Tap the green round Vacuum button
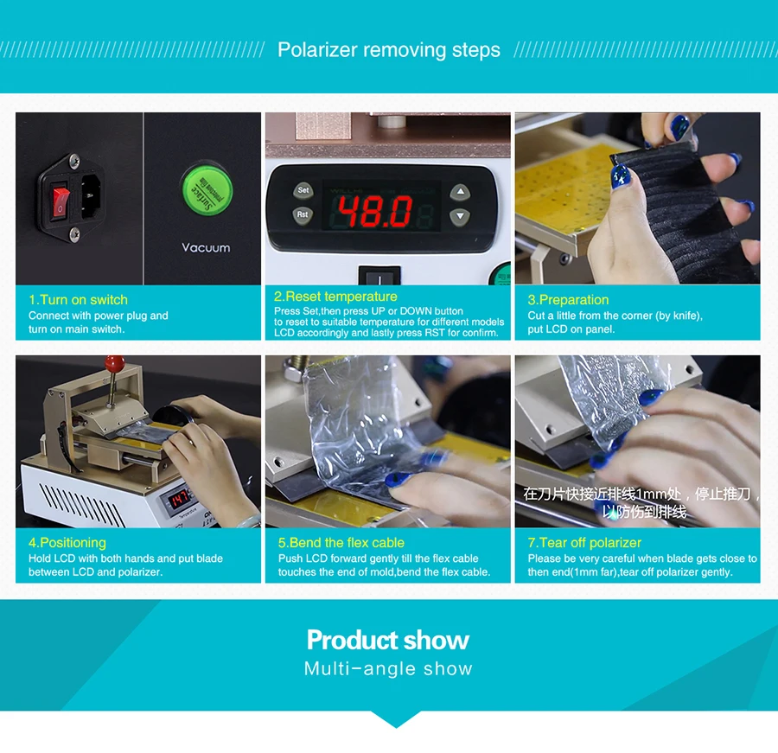[x=206, y=186]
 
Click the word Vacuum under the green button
[x=206, y=247]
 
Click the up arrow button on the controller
[x=461, y=192]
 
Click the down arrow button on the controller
[x=461, y=217]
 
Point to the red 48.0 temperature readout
[x=374, y=210]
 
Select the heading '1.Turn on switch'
[x=78, y=300]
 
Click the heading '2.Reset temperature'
[x=335, y=297]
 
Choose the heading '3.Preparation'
[x=568, y=300]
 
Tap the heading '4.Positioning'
[x=67, y=543]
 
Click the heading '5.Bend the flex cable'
[x=341, y=543]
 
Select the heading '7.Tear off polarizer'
[x=584, y=543]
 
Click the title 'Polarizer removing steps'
[x=388, y=50]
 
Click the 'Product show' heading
[x=388, y=641]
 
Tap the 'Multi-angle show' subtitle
[x=388, y=669]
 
